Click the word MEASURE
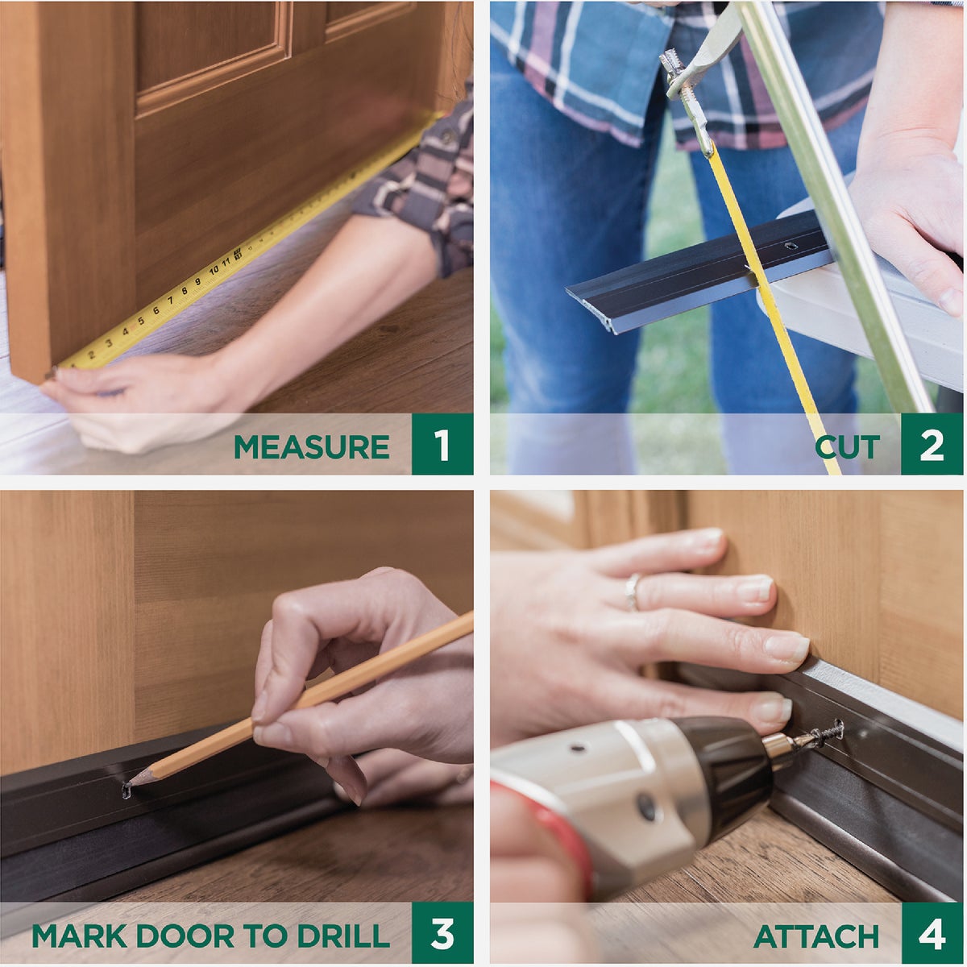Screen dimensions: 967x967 tap(311, 446)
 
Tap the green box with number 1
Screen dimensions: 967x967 tap(442, 444)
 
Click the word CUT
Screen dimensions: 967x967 tap(847, 446)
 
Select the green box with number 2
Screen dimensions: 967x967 tap(932, 444)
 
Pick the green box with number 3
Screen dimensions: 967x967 tap(442, 933)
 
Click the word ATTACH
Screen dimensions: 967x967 tap(816, 936)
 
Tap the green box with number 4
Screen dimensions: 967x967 tap(932, 933)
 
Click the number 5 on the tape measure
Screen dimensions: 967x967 tap(142, 321)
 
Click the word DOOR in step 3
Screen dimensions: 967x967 tap(185, 936)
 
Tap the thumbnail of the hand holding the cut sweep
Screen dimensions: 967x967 tap(952, 301)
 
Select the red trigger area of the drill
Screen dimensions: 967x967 tap(556, 830)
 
